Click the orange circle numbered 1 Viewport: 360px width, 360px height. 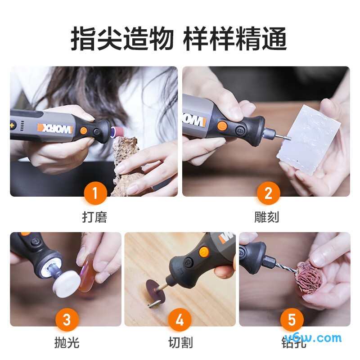click(94, 193)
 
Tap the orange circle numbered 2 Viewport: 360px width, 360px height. click(268, 193)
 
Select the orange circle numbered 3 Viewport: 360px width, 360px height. click(67, 320)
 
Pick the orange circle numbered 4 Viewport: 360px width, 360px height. click(180, 320)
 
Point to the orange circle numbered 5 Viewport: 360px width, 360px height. click(292, 320)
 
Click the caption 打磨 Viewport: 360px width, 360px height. click(94, 217)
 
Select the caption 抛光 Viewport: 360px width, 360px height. click(67, 343)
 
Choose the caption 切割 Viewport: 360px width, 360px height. click(180, 343)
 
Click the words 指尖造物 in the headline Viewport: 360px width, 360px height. click(121, 40)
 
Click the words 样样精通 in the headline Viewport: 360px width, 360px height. click(235, 40)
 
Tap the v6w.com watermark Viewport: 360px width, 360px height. click(319, 338)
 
